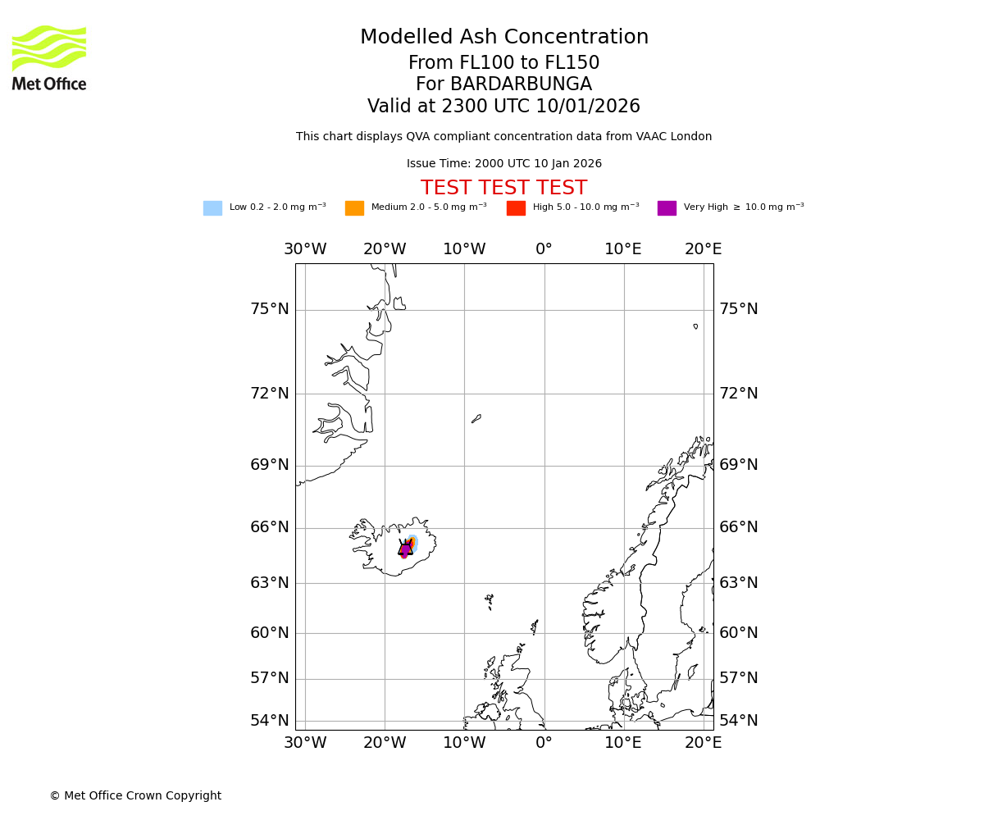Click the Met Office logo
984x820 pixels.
click(x=49, y=57)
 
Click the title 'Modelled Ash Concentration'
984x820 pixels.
click(x=503, y=38)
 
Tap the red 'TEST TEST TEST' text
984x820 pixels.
click(x=503, y=189)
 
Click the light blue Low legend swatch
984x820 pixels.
click(x=212, y=208)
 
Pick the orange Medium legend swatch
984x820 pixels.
click(x=354, y=208)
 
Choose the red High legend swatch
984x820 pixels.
click(x=516, y=208)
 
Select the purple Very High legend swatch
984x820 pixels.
click(x=667, y=208)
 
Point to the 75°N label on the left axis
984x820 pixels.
click(x=270, y=309)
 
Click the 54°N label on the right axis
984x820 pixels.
click(x=739, y=721)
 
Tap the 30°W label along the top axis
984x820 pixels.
click(x=305, y=249)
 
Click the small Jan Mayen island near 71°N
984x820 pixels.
click(x=476, y=418)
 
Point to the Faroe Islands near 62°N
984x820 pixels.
click(x=490, y=600)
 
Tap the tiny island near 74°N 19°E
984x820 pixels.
click(x=695, y=326)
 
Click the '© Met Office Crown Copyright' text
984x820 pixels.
click(x=135, y=795)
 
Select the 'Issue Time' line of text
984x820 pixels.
click(x=503, y=164)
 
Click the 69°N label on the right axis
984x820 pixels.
click(x=739, y=465)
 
